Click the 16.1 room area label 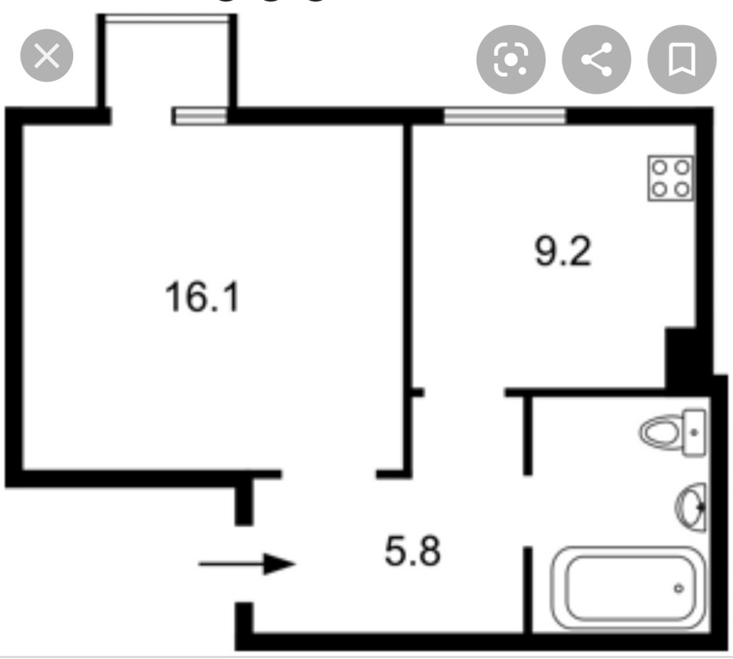(x=203, y=298)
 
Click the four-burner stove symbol (x=670, y=178)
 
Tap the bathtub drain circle (x=679, y=587)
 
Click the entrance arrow (x=247, y=564)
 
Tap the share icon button (x=597, y=59)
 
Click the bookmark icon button (x=682, y=59)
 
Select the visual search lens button (x=511, y=59)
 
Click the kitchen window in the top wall (x=505, y=115)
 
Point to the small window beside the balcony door (x=199, y=116)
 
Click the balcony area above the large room (x=169, y=62)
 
